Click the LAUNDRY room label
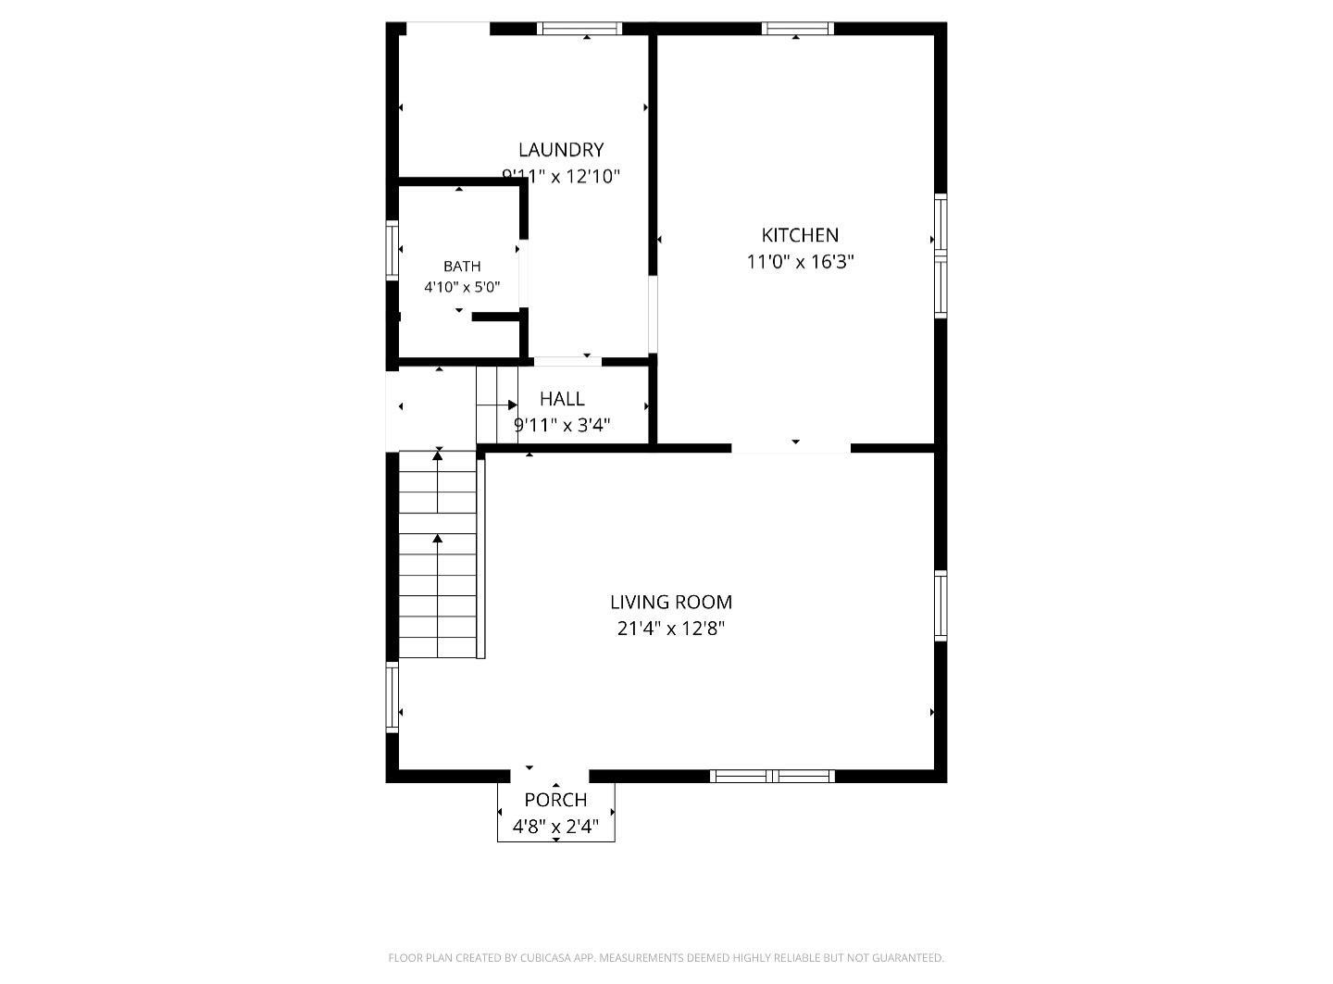[x=561, y=150]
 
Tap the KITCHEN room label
[x=800, y=235]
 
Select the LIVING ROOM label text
[x=671, y=602]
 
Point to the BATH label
[x=462, y=267]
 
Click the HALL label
[x=562, y=399]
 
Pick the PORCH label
[x=555, y=800]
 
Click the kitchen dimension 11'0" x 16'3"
[x=800, y=262]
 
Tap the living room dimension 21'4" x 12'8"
[x=671, y=629]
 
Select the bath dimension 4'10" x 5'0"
[x=462, y=287]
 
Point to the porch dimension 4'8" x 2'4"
[x=555, y=828]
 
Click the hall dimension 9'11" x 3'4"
[x=562, y=426]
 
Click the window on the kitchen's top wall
[x=798, y=29]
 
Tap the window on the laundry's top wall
[x=579, y=29]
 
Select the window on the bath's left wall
[x=392, y=250]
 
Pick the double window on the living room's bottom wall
[x=772, y=776]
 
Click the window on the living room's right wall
[x=941, y=606]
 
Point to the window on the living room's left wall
[x=392, y=697]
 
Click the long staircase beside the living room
[x=438, y=554]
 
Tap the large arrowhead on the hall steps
[x=513, y=405]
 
